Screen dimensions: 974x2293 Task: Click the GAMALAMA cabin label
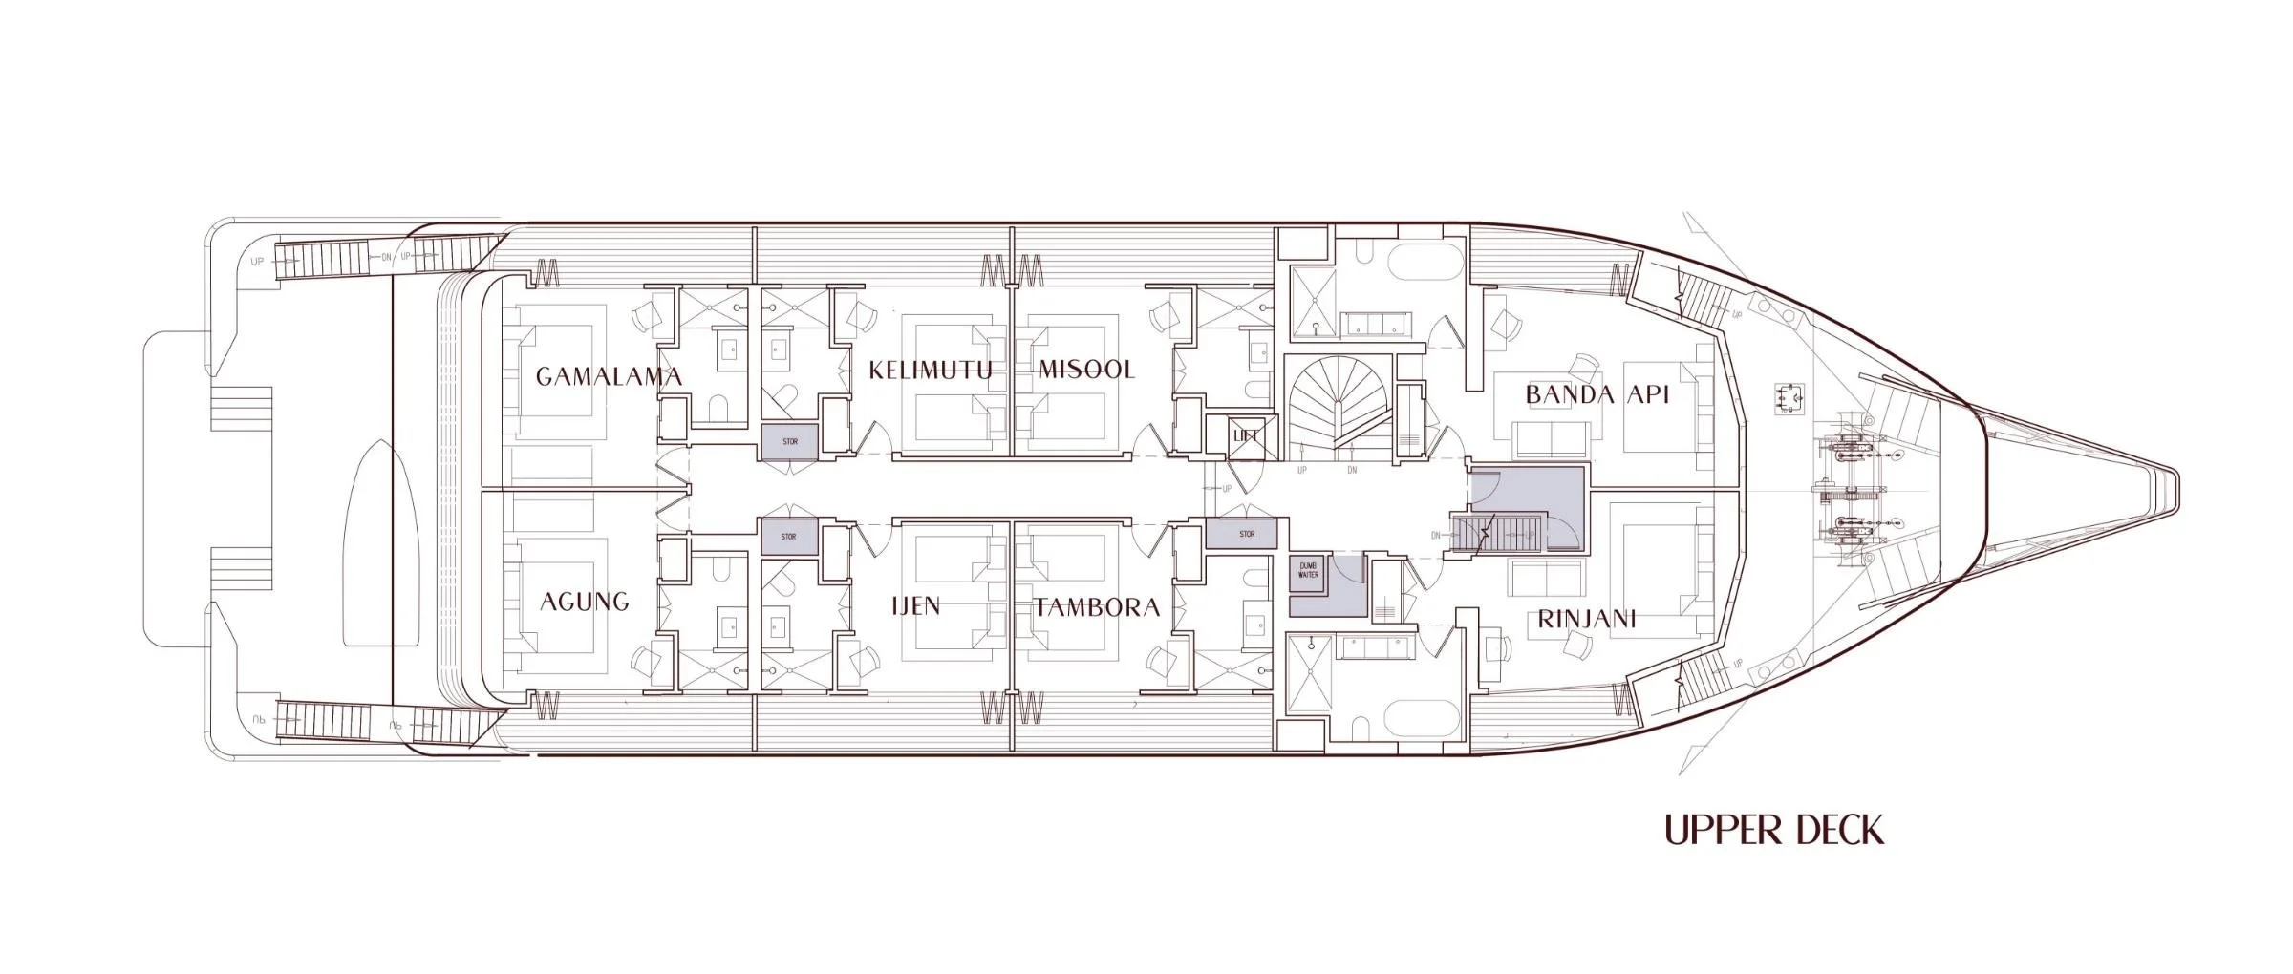[609, 376]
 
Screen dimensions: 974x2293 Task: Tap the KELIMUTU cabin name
[930, 371]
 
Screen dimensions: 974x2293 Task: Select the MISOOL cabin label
[1086, 370]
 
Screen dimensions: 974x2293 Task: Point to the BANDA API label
[1597, 394]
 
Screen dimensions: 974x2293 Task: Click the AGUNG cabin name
[585, 602]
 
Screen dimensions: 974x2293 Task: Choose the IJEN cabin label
[915, 605]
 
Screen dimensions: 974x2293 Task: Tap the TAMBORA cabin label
[1097, 607]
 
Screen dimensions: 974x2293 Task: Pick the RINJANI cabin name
[1586, 620]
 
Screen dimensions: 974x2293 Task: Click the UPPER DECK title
[1774, 831]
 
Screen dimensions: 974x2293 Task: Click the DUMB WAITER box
[1308, 570]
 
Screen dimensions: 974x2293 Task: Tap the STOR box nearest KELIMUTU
[789, 442]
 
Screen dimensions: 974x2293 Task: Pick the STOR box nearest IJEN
[788, 537]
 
